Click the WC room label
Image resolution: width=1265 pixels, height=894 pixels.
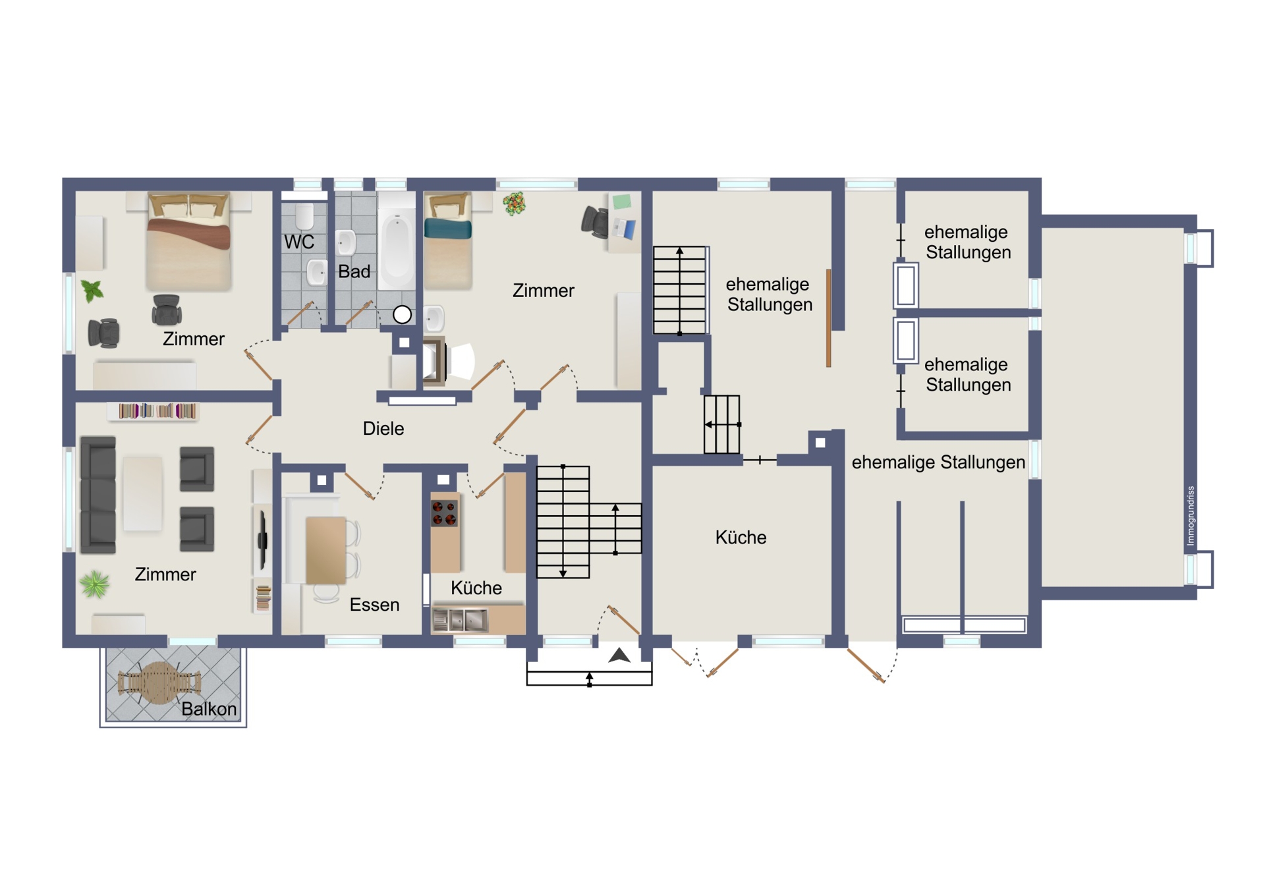pyautogui.click(x=299, y=242)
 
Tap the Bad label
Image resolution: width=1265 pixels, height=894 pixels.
pyautogui.click(x=354, y=271)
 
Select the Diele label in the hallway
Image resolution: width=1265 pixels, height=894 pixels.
pyautogui.click(x=383, y=428)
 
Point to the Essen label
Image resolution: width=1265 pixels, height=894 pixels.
pyautogui.click(x=374, y=605)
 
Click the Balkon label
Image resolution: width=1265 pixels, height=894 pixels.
pyautogui.click(x=209, y=709)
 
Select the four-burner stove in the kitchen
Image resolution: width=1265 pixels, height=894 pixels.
pyautogui.click(x=444, y=513)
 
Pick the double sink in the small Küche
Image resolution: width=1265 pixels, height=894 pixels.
pyautogui.click(x=460, y=620)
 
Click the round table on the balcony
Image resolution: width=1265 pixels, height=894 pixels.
pyautogui.click(x=159, y=683)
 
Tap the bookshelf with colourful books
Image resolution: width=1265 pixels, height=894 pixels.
pyautogui.click(x=157, y=411)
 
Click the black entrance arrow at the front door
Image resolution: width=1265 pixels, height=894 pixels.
pyautogui.click(x=619, y=655)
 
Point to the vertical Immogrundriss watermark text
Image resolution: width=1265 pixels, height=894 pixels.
pyautogui.click(x=1190, y=516)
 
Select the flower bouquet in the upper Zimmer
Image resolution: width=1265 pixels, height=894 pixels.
pyautogui.click(x=515, y=204)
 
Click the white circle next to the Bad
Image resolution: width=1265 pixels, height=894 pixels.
pyautogui.click(x=402, y=315)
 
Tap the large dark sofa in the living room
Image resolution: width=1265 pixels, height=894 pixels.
pyautogui.click(x=98, y=495)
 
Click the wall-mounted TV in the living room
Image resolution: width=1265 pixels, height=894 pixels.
pyautogui.click(x=263, y=540)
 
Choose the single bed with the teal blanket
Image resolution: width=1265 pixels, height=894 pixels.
pyautogui.click(x=448, y=241)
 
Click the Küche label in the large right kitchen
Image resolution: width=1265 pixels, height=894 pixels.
pyautogui.click(x=741, y=538)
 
